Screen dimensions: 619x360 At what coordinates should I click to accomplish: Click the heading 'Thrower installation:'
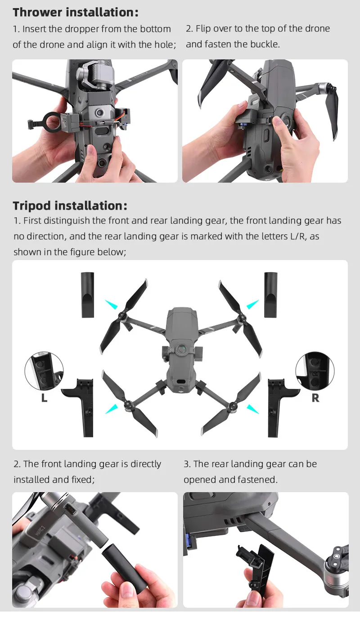[76, 12]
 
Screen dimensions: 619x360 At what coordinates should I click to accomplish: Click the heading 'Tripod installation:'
[70, 206]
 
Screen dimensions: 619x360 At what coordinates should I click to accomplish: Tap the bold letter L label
[44, 398]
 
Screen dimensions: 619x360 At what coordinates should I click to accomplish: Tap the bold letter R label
[315, 398]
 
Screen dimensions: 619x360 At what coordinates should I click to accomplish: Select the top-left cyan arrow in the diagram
[111, 305]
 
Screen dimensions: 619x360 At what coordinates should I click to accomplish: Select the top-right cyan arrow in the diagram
[252, 305]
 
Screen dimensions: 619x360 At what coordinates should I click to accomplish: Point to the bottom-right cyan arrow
[252, 408]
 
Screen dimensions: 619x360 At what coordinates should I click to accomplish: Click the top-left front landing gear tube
[87, 295]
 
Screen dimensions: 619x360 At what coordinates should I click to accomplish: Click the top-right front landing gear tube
[270, 295]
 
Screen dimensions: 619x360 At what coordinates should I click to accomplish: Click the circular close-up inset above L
[44, 371]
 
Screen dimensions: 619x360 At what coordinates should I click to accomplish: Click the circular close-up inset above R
[315, 371]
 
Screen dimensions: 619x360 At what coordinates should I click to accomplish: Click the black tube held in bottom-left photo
[124, 569]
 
